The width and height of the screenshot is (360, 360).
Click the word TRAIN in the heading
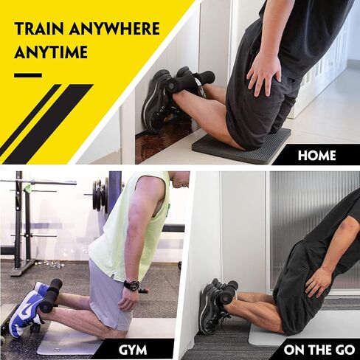coord(39,29)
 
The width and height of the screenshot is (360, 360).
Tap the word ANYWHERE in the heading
coord(114,29)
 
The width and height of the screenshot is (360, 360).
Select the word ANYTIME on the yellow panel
coord(51,52)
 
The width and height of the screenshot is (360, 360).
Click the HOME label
coord(316,156)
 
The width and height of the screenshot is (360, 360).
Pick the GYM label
coord(133,350)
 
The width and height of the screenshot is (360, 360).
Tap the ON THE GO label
coord(319,350)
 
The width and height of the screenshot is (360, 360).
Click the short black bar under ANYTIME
coord(28,75)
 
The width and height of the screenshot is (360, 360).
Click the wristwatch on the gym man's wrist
coord(131,285)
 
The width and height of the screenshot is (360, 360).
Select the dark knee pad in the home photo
coord(242,145)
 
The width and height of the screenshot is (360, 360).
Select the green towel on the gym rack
coord(29,185)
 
